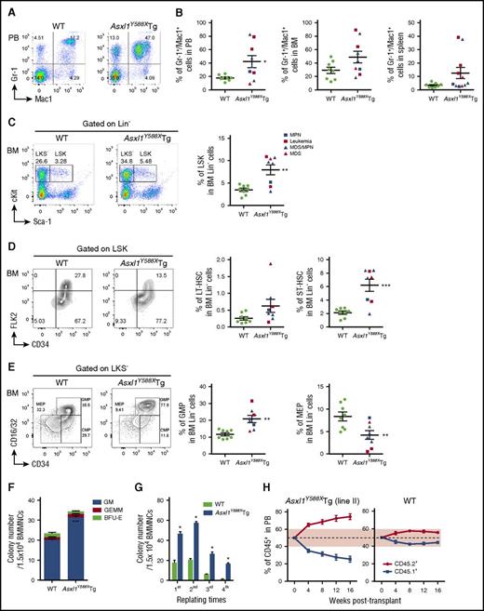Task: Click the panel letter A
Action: (x=7, y=7)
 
